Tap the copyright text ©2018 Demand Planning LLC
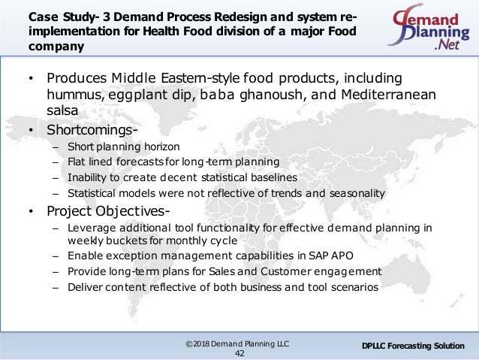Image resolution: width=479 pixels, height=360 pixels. [x=239, y=343]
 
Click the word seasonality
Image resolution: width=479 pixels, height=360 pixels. [x=357, y=192]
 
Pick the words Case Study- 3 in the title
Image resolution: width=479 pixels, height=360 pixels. [x=53, y=17]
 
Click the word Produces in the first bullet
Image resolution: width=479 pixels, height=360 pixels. [x=74, y=79]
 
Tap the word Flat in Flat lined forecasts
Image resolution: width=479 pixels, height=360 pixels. [x=75, y=162]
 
